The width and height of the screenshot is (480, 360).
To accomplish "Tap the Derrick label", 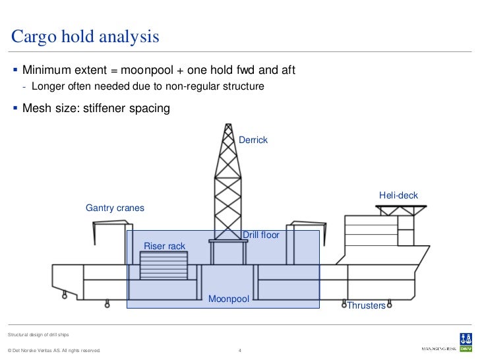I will coord(253,140).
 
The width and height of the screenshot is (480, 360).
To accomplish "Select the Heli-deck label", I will coord(398,195).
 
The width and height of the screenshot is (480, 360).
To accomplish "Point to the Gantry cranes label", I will coord(115,208).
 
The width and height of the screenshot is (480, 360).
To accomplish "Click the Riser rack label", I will coord(164,247).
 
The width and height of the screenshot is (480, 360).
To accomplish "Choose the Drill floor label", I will coord(261,235).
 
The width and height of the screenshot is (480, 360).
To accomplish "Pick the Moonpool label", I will coord(229,299).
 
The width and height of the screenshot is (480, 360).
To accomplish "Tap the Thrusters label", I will coord(366,306).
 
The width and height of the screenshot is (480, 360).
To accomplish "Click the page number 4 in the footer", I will coord(240,350).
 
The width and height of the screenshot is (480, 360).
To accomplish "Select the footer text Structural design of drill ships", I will coord(38,336).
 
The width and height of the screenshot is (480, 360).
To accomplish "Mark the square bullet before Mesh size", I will coord(15,109).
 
